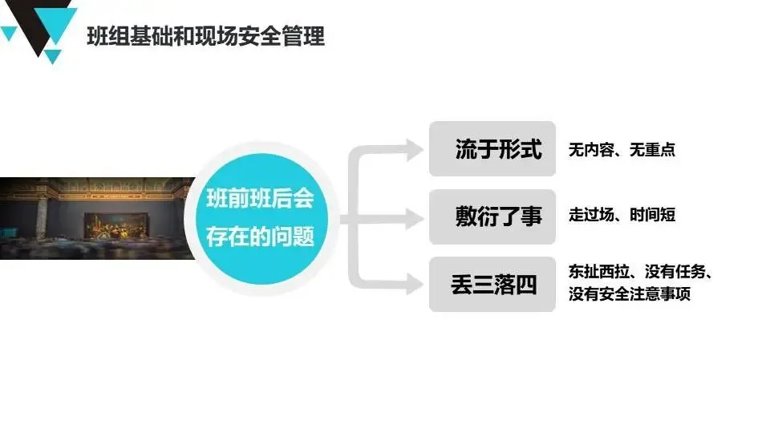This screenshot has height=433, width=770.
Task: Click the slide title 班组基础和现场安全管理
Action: (x=205, y=36)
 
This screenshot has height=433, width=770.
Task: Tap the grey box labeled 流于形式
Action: (x=492, y=148)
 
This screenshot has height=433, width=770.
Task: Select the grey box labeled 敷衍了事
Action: (x=492, y=216)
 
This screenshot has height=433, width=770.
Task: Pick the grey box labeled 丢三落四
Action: (x=492, y=284)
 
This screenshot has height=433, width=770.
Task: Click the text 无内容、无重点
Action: (x=622, y=149)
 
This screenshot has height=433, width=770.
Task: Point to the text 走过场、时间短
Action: (x=622, y=215)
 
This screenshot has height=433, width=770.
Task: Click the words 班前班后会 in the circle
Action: (x=260, y=198)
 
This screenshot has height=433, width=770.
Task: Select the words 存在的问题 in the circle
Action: (x=260, y=237)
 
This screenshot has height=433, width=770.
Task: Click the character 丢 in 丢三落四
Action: (x=462, y=285)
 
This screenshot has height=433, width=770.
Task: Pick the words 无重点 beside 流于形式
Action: (x=652, y=149)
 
